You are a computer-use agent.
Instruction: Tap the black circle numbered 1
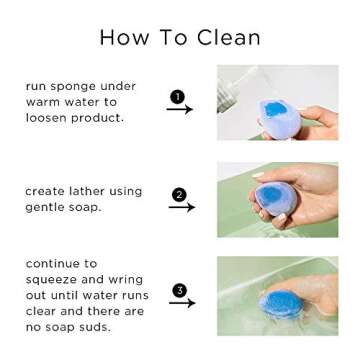(177, 96)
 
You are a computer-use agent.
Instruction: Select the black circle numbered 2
(179, 194)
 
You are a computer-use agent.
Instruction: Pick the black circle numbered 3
(179, 290)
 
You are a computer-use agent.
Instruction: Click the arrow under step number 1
(179, 110)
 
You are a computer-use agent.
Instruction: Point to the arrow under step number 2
(181, 208)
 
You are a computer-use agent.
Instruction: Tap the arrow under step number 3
(181, 303)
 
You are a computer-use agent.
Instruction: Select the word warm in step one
(46, 102)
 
